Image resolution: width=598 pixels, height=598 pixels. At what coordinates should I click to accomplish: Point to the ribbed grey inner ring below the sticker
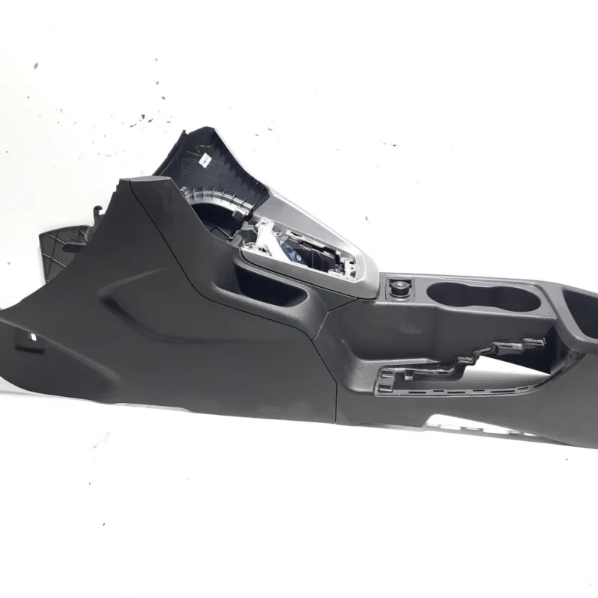[224, 198]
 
